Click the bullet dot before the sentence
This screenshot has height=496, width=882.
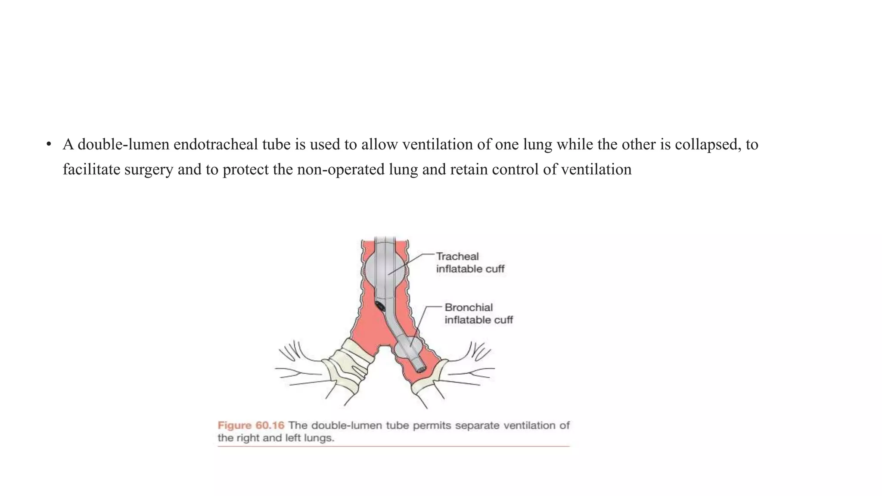pyautogui.click(x=49, y=144)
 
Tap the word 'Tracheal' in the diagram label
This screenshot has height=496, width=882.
pyautogui.click(x=457, y=257)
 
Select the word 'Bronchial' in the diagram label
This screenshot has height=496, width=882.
pyautogui.click(x=469, y=307)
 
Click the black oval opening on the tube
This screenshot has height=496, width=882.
pyautogui.click(x=380, y=307)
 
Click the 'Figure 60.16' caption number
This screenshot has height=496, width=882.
pyautogui.click(x=251, y=425)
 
